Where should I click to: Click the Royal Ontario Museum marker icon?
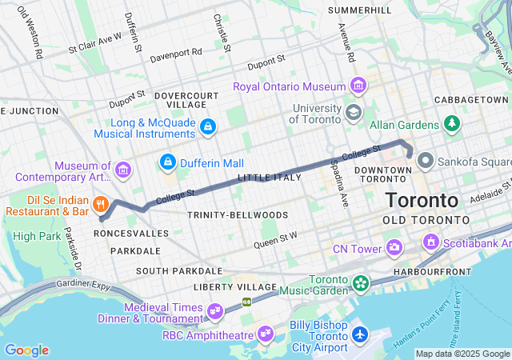tap(358, 86)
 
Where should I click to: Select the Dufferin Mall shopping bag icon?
tap(167, 162)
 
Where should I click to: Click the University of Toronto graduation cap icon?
tap(353, 113)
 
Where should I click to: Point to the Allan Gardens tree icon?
tap(452, 124)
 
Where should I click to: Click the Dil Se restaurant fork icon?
tap(101, 204)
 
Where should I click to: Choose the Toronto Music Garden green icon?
tap(361, 282)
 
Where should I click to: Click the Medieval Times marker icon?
tap(214, 310)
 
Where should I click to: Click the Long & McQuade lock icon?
tap(208, 126)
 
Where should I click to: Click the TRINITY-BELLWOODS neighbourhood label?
tap(226, 215)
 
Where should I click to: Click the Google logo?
tap(26, 350)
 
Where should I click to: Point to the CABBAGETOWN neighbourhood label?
tap(466, 99)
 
